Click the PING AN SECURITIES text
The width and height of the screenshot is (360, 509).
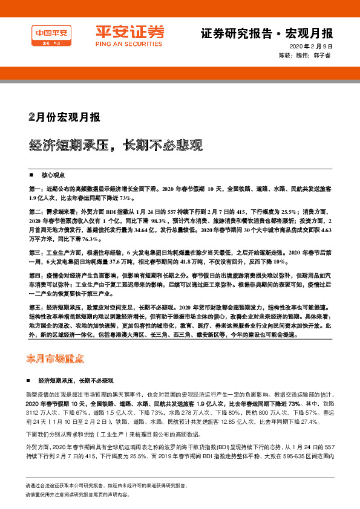121,42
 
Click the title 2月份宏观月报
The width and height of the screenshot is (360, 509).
65,117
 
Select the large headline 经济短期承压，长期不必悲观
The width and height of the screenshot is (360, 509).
116,145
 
